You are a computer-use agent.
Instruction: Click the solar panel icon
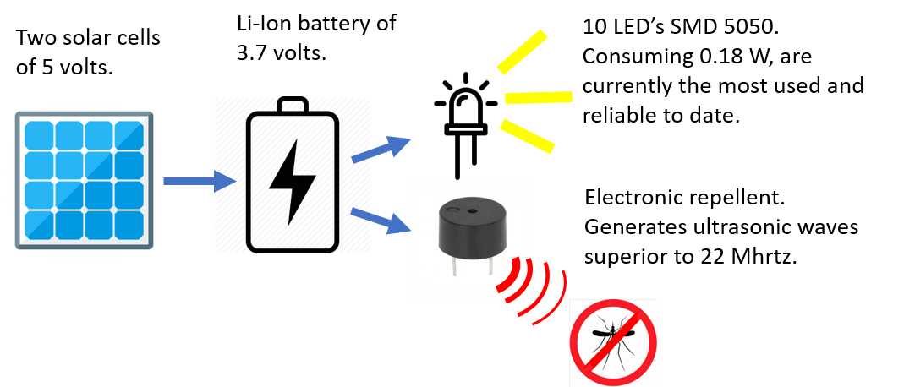84,180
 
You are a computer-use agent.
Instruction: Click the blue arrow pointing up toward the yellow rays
381,149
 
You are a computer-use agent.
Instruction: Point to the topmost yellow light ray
522,52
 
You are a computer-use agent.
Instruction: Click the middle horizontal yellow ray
538,97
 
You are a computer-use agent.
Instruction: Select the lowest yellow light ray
526,136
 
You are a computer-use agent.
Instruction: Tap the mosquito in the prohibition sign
613,341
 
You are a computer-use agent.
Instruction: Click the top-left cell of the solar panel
40,135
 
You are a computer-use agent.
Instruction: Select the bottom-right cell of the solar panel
129,225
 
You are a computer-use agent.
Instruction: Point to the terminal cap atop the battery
292,106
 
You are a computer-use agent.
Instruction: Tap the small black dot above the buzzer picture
457,177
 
